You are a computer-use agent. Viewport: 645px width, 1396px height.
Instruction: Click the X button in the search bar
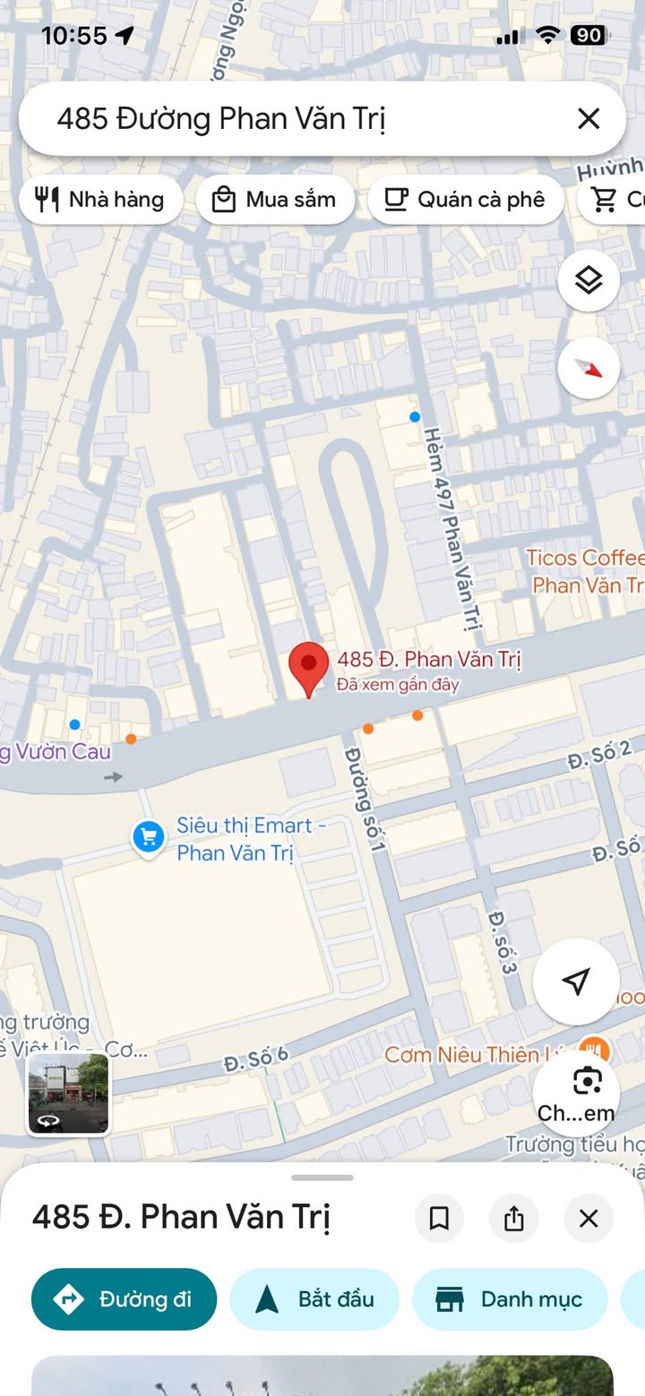coord(589,118)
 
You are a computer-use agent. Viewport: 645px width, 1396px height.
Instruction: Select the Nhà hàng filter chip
coord(100,199)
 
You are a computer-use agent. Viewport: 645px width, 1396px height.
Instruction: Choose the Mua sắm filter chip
coord(274,199)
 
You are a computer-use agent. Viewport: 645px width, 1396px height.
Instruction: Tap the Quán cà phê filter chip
coord(465,199)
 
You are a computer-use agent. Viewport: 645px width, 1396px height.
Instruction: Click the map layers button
coord(589,280)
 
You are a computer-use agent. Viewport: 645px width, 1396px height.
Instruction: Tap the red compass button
coord(589,367)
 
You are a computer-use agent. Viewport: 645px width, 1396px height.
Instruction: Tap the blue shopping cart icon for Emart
coord(148,838)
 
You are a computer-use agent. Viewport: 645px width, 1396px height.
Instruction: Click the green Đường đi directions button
coord(124,1299)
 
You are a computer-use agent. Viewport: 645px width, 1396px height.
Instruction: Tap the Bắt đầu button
coord(314,1299)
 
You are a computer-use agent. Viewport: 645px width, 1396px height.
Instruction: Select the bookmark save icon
coord(439,1219)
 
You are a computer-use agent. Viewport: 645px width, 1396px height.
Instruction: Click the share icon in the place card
coord(514,1219)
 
